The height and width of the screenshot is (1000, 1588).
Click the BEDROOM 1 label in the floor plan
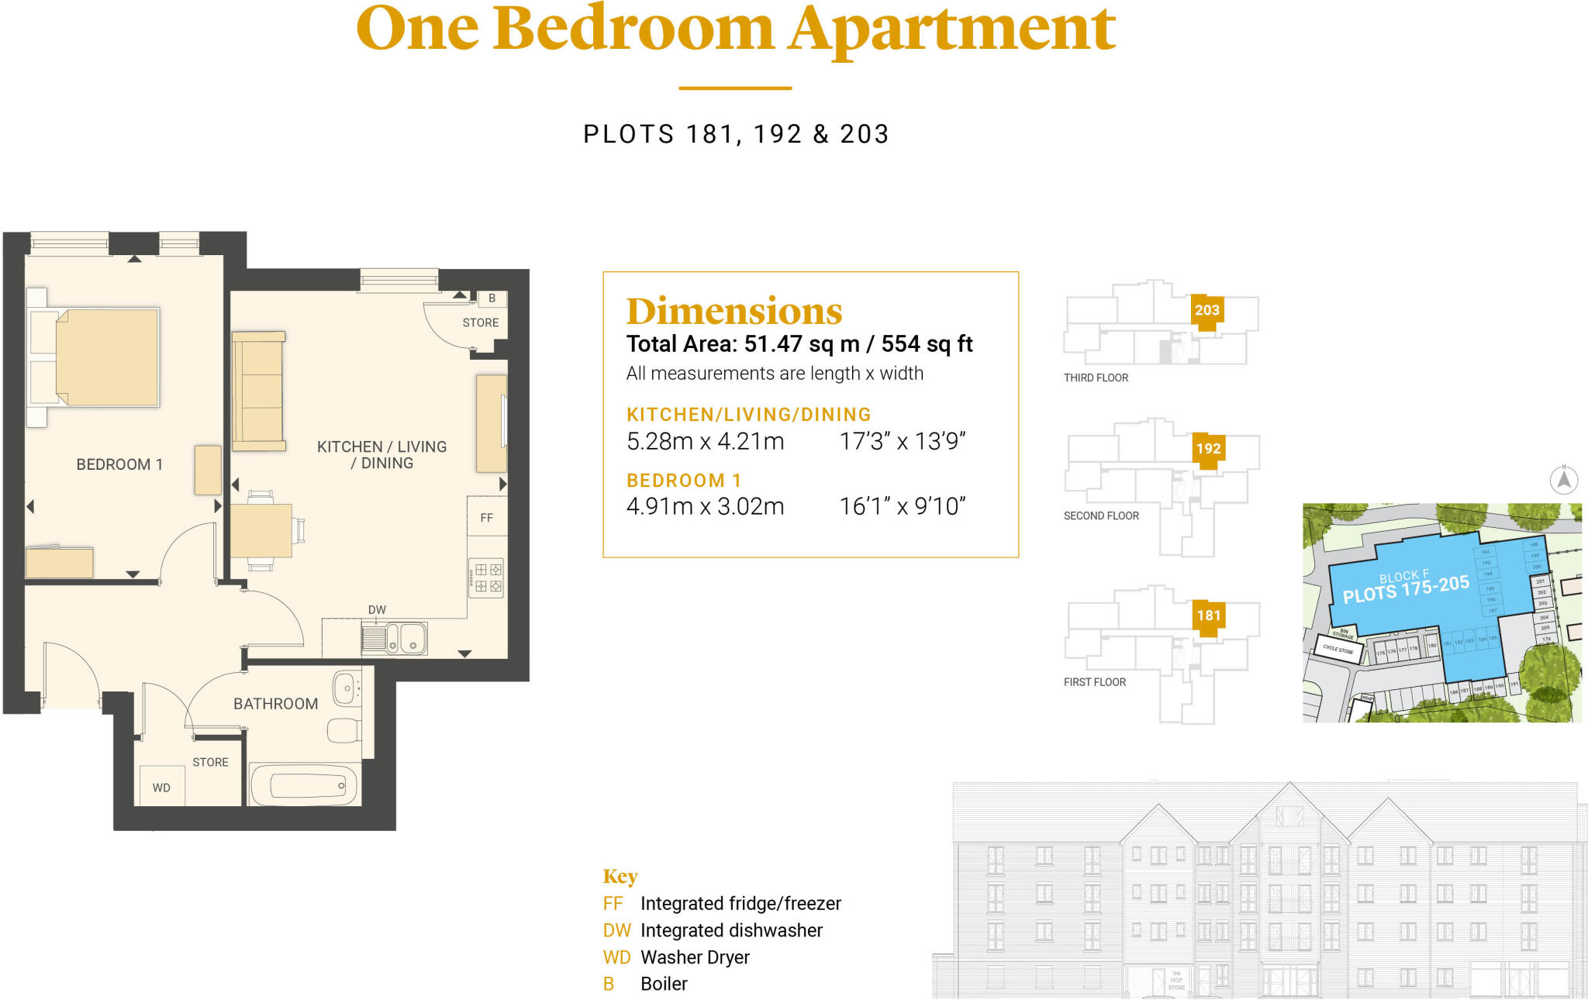tap(119, 464)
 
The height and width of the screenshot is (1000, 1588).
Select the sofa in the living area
tap(259, 391)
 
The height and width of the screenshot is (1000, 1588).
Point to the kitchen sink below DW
tap(394, 639)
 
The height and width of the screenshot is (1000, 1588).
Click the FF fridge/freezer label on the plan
tap(486, 518)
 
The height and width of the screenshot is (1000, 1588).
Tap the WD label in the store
tap(161, 788)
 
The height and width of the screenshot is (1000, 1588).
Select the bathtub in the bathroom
tap(305, 786)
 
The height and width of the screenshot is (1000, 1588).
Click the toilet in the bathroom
tap(343, 730)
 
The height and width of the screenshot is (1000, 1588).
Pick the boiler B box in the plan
tap(492, 298)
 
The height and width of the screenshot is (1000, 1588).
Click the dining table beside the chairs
tap(261, 530)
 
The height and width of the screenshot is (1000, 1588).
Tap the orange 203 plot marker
tap(1207, 311)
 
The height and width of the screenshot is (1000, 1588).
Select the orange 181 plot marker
tap(1208, 616)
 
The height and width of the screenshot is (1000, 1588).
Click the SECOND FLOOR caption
tap(1101, 516)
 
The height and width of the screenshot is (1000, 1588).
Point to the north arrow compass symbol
tap(1564, 479)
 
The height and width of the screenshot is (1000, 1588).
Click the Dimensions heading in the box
tap(734, 312)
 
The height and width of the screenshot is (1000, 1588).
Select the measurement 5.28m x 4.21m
tap(705, 441)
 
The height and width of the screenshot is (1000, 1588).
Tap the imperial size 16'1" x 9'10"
tap(902, 506)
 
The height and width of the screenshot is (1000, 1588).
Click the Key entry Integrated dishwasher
tap(730, 930)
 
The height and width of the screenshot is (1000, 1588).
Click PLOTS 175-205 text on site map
tap(1405, 589)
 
